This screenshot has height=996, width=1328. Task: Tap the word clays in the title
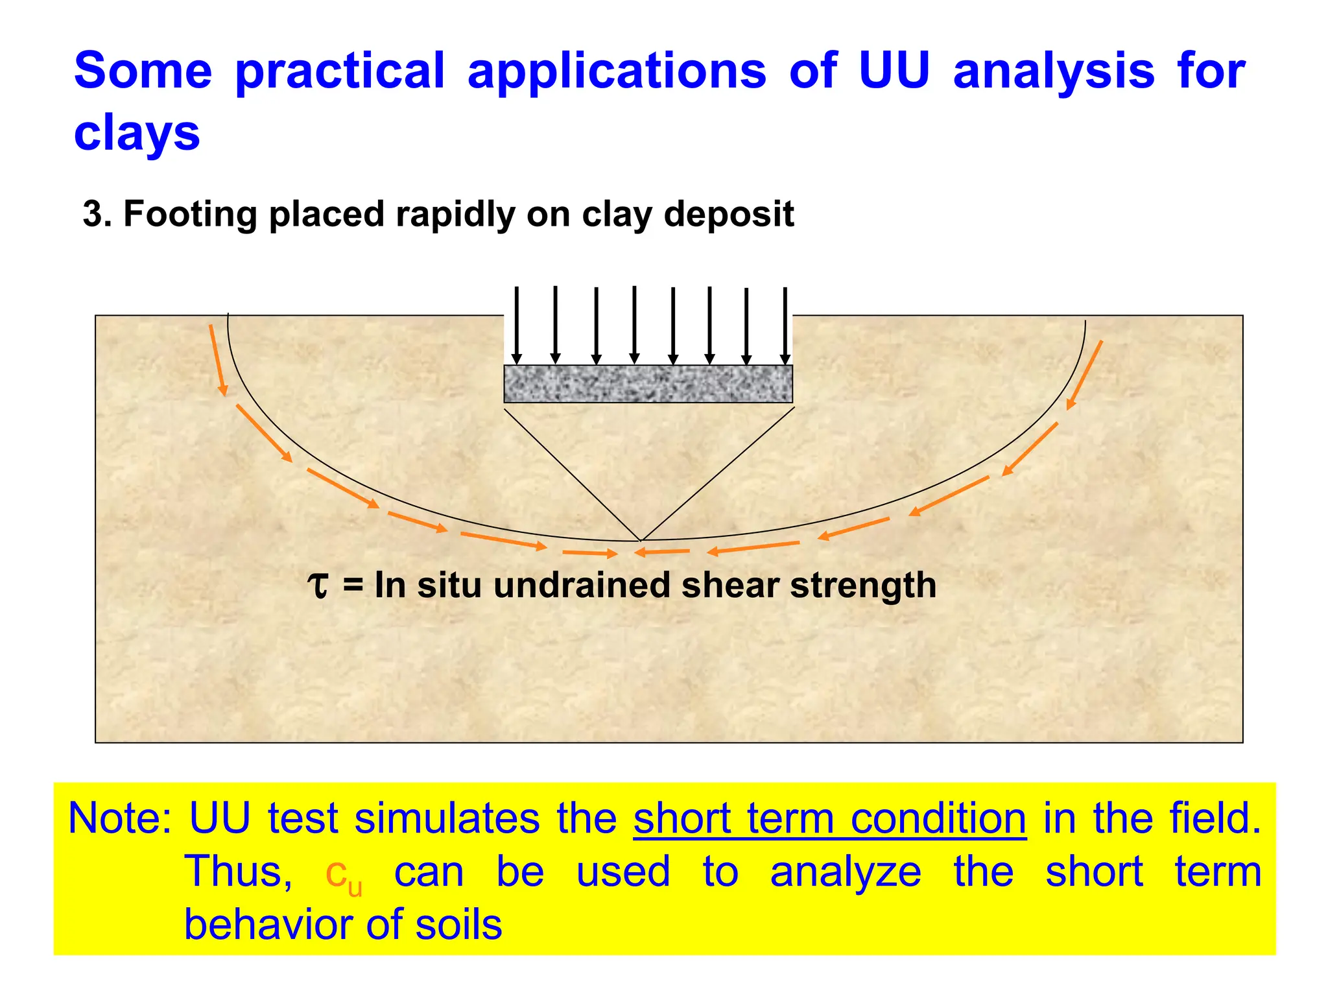click(x=137, y=134)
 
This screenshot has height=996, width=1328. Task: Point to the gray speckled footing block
click(x=648, y=384)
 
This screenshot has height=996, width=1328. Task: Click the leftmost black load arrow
click(x=517, y=324)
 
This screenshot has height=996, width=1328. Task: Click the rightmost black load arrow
click(x=785, y=324)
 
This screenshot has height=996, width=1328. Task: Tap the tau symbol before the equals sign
click(x=318, y=585)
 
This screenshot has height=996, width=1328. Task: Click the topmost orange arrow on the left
click(x=218, y=361)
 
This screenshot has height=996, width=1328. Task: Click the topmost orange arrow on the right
click(x=1085, y=374)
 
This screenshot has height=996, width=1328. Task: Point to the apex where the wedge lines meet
click(x=640, y=539)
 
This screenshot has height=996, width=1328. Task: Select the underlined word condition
click(x=938, y=818)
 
